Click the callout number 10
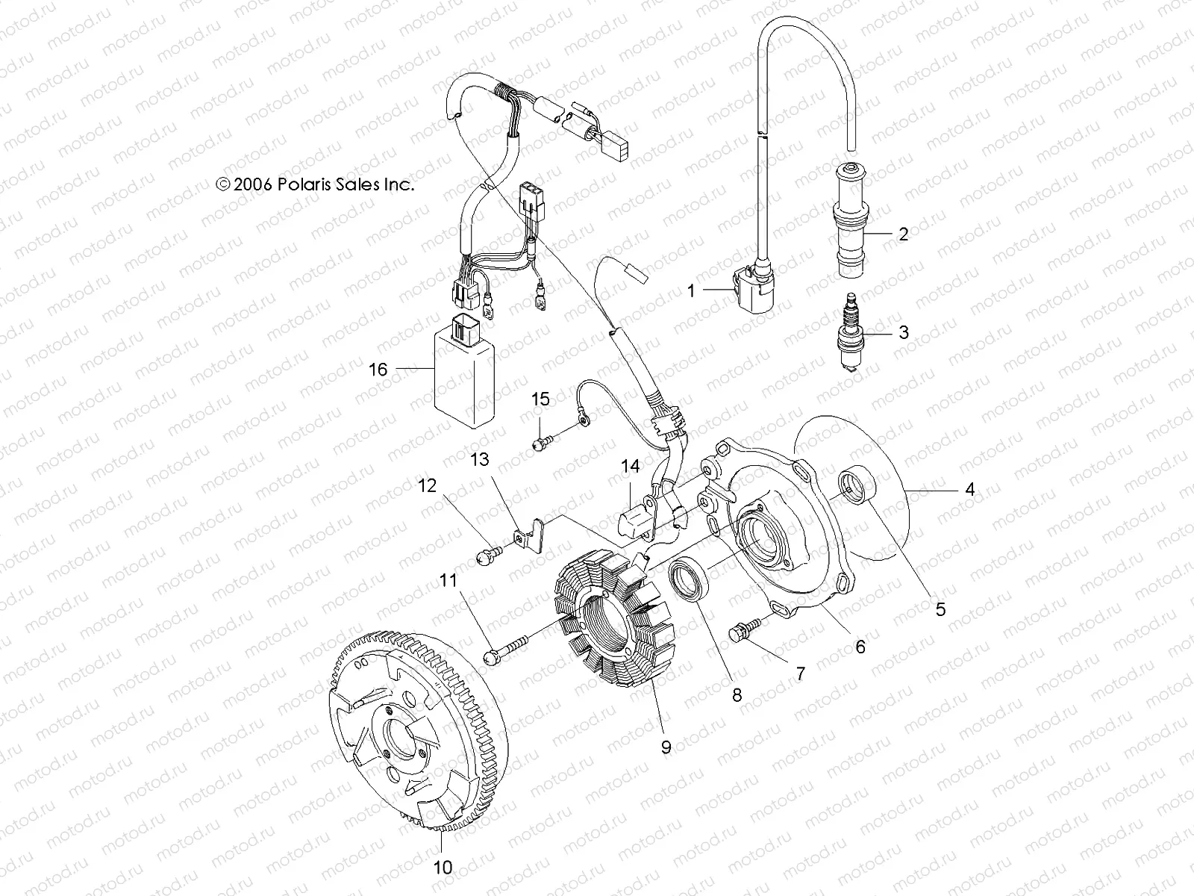point(443,867)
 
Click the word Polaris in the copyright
point(325,185)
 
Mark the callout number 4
point(969,490)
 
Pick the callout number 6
point(860,647)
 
